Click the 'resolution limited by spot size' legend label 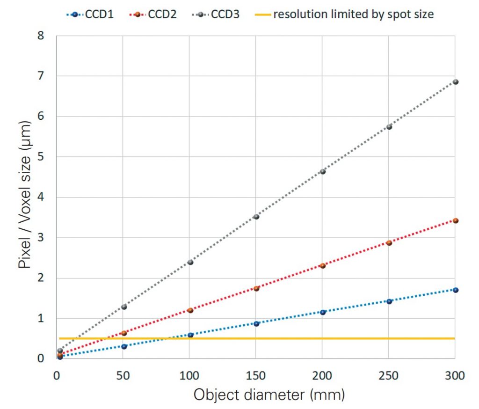[x=353, y=14]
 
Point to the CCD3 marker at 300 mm [x=456, y=82]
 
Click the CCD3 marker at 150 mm [x=256, y=217]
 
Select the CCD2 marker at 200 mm [x=322, y=266]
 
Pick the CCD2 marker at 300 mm [x=456, y=220]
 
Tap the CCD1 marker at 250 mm [x=389, y=301]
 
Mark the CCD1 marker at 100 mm [x=190, y=335]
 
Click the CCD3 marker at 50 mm [x=124, y=307]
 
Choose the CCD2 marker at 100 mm [x=190, y=310]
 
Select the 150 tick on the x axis [x=255, y=376]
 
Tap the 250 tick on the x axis [x=389, y=376]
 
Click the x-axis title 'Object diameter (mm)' [x=269, y=395]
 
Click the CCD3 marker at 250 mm [x=389, y=127]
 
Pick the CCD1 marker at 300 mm [x=456, y=290]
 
